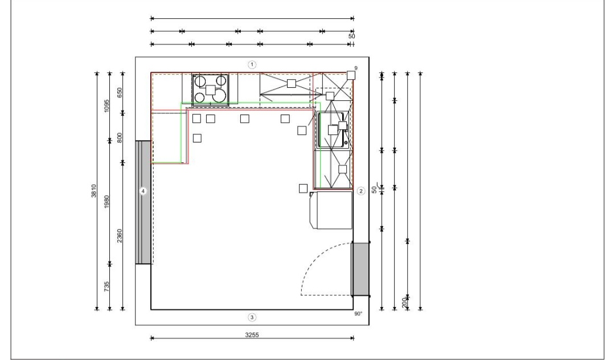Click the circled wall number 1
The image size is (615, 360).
[x=252, y=65]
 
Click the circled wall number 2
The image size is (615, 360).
[x=361, y=191]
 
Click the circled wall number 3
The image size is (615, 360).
[x=252, y=317]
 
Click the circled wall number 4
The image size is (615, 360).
[x=143, y=191]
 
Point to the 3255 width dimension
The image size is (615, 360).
[x=252, y=335]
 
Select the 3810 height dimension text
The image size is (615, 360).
[x=94, y=191]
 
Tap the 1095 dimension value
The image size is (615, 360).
[x=106, y=106]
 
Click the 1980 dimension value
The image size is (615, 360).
[x=106, y=202]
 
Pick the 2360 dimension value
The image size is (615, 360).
[x=120, y=236]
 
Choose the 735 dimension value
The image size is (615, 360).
[x=106, y=287]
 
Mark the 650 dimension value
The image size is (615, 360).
[x=120, y=92]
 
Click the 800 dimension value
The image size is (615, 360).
[x=120, y=138]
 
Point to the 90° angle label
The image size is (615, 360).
[x=359, y=314]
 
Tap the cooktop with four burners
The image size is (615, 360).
[x=211, y=90]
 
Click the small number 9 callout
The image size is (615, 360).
[x=356, y=68]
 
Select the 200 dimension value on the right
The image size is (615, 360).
[x=404, y=302]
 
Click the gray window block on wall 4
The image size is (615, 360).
[x=143, y=202]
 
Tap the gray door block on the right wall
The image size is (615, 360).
[x=360, y=269]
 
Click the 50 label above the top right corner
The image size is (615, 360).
[x=351, y=36]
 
